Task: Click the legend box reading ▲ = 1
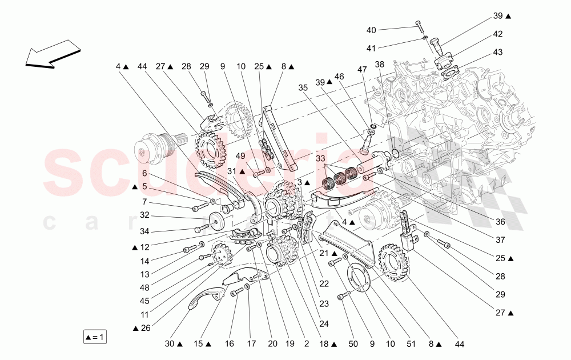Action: click(x=94, y=337)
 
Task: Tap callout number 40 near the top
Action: click(x=371, y=30)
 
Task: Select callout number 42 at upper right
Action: click(x=498, y=34)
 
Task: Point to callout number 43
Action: click(x=498, y=53)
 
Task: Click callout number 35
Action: click(x=303, y=87)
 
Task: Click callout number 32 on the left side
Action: click(x=144, y=215)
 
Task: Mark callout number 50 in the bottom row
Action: click(x=353, y=345)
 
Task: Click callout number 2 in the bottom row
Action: click(x=306, y=345)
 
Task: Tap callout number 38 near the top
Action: click(x=380, y=65)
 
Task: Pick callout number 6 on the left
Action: click(x=144, y=173)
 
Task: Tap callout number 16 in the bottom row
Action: click(x=229, y=345)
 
